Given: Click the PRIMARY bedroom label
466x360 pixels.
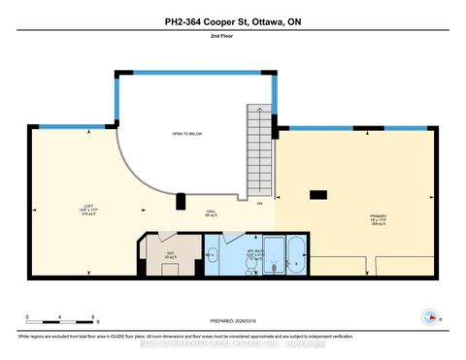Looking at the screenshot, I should pos(377,218).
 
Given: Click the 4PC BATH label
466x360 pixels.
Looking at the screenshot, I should pos(235,253).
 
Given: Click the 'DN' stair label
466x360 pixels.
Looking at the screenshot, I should pos(259,204).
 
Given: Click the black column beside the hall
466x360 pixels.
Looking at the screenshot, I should pos(180,202).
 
